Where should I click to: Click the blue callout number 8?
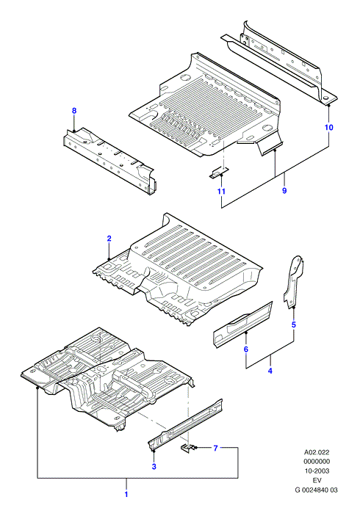[x=74, y=111]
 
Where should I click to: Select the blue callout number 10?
[x=329, y=127]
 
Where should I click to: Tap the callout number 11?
[x=221, y=192]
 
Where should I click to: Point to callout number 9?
[x=284, y=191]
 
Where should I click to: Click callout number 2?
[x=109, y=239]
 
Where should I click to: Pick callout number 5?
[x=294, y=324]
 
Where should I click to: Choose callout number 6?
[x=246, y=349]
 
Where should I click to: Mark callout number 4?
[x=270, y=371]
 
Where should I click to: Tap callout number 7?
[x=216, y=449]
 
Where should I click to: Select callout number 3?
[x=154, y=467]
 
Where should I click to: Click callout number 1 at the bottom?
[x=126, y=494]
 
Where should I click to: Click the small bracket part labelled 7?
[x=187, y=448]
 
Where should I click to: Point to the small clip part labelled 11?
[x=219, y=173]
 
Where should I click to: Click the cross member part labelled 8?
[x=109, y=159]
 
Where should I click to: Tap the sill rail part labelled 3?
[x=186, y=425]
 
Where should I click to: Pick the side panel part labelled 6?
[x=242, y=324]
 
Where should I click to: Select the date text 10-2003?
[x=317, y=471]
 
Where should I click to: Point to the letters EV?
[x=317, y=480]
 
